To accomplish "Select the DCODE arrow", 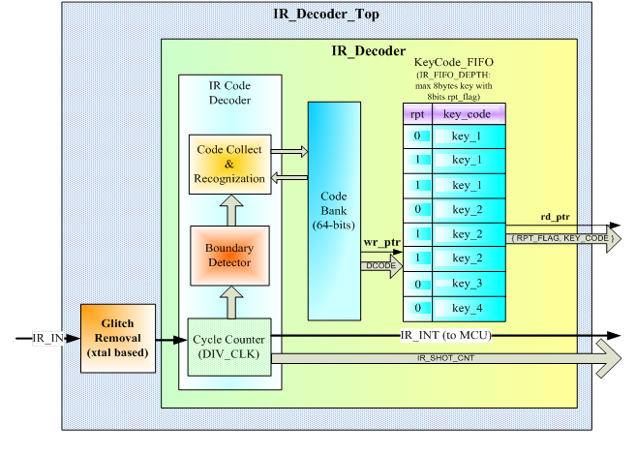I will [x=380, y=265].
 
